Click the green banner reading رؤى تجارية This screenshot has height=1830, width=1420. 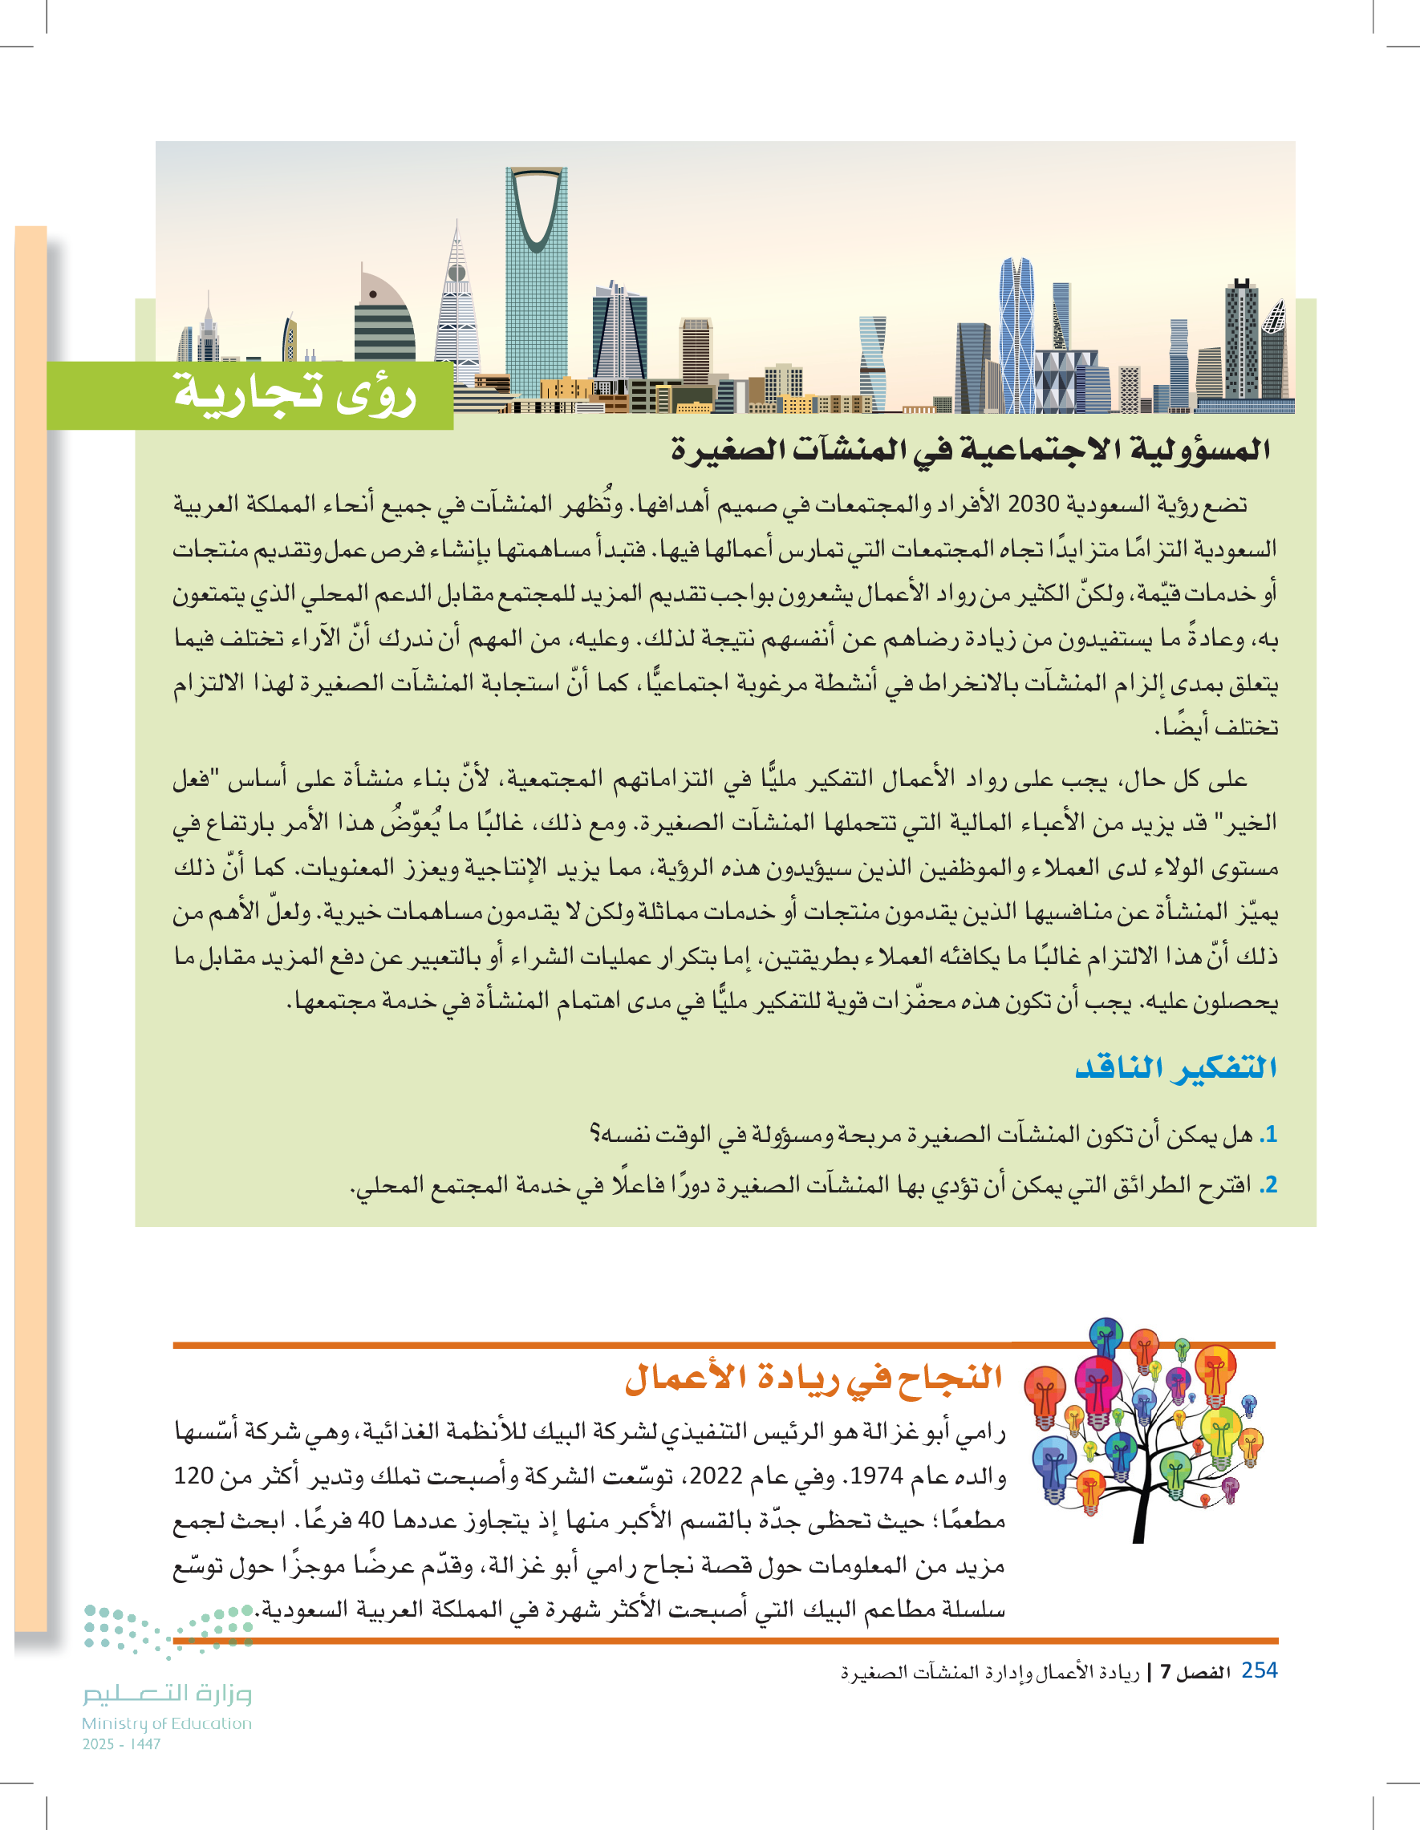[294, 394]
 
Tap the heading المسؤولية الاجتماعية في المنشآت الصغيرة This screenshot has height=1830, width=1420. [970, 450]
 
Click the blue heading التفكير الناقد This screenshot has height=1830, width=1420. [1175, 1067]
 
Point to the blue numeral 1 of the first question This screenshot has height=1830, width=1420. [1271, 1135]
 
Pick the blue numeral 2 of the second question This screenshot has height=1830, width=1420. [1271, 1184]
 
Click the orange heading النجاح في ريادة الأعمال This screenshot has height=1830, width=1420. [813, 1379]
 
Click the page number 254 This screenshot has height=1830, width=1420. [1259, 1670]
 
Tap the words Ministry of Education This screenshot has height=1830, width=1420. [167, 1723]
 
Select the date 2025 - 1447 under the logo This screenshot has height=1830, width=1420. [122, 1743]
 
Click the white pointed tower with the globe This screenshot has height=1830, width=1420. [456, 310]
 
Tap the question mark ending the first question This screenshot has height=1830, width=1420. [594, 1135]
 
